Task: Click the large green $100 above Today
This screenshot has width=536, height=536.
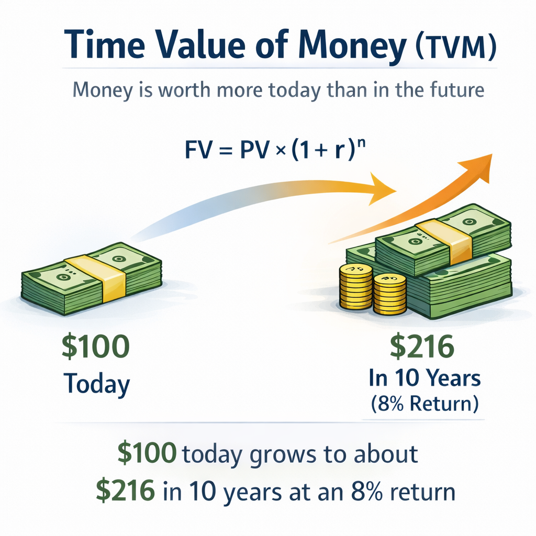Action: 95,348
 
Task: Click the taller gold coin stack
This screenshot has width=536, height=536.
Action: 355,286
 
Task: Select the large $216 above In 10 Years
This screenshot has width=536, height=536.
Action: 422,348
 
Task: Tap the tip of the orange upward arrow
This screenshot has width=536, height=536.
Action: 491,156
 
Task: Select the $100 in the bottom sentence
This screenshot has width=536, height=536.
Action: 147,453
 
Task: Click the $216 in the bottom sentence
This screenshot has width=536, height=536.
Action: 126,491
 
